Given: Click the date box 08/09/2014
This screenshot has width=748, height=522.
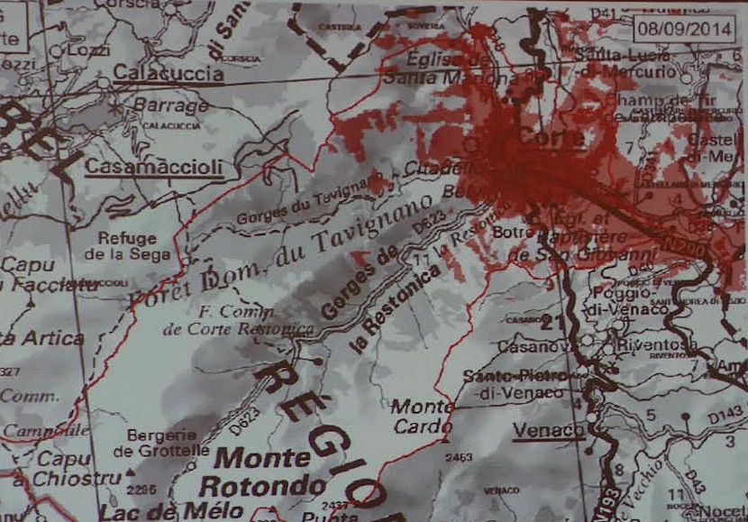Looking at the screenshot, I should tap(684, 26).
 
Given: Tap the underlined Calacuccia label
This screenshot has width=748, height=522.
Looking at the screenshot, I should tap(168, 74).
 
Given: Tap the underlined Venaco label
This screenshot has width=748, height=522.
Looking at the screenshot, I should tap(548, 431).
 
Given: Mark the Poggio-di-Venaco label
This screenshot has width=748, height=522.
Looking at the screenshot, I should tap(631, 301).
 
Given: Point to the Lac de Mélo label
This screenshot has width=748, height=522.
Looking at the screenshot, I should tap(171, 511).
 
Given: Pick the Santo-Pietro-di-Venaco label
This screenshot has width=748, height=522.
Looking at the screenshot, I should tap(515, 383).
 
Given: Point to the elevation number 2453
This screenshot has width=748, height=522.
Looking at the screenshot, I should tap(459, 458).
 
